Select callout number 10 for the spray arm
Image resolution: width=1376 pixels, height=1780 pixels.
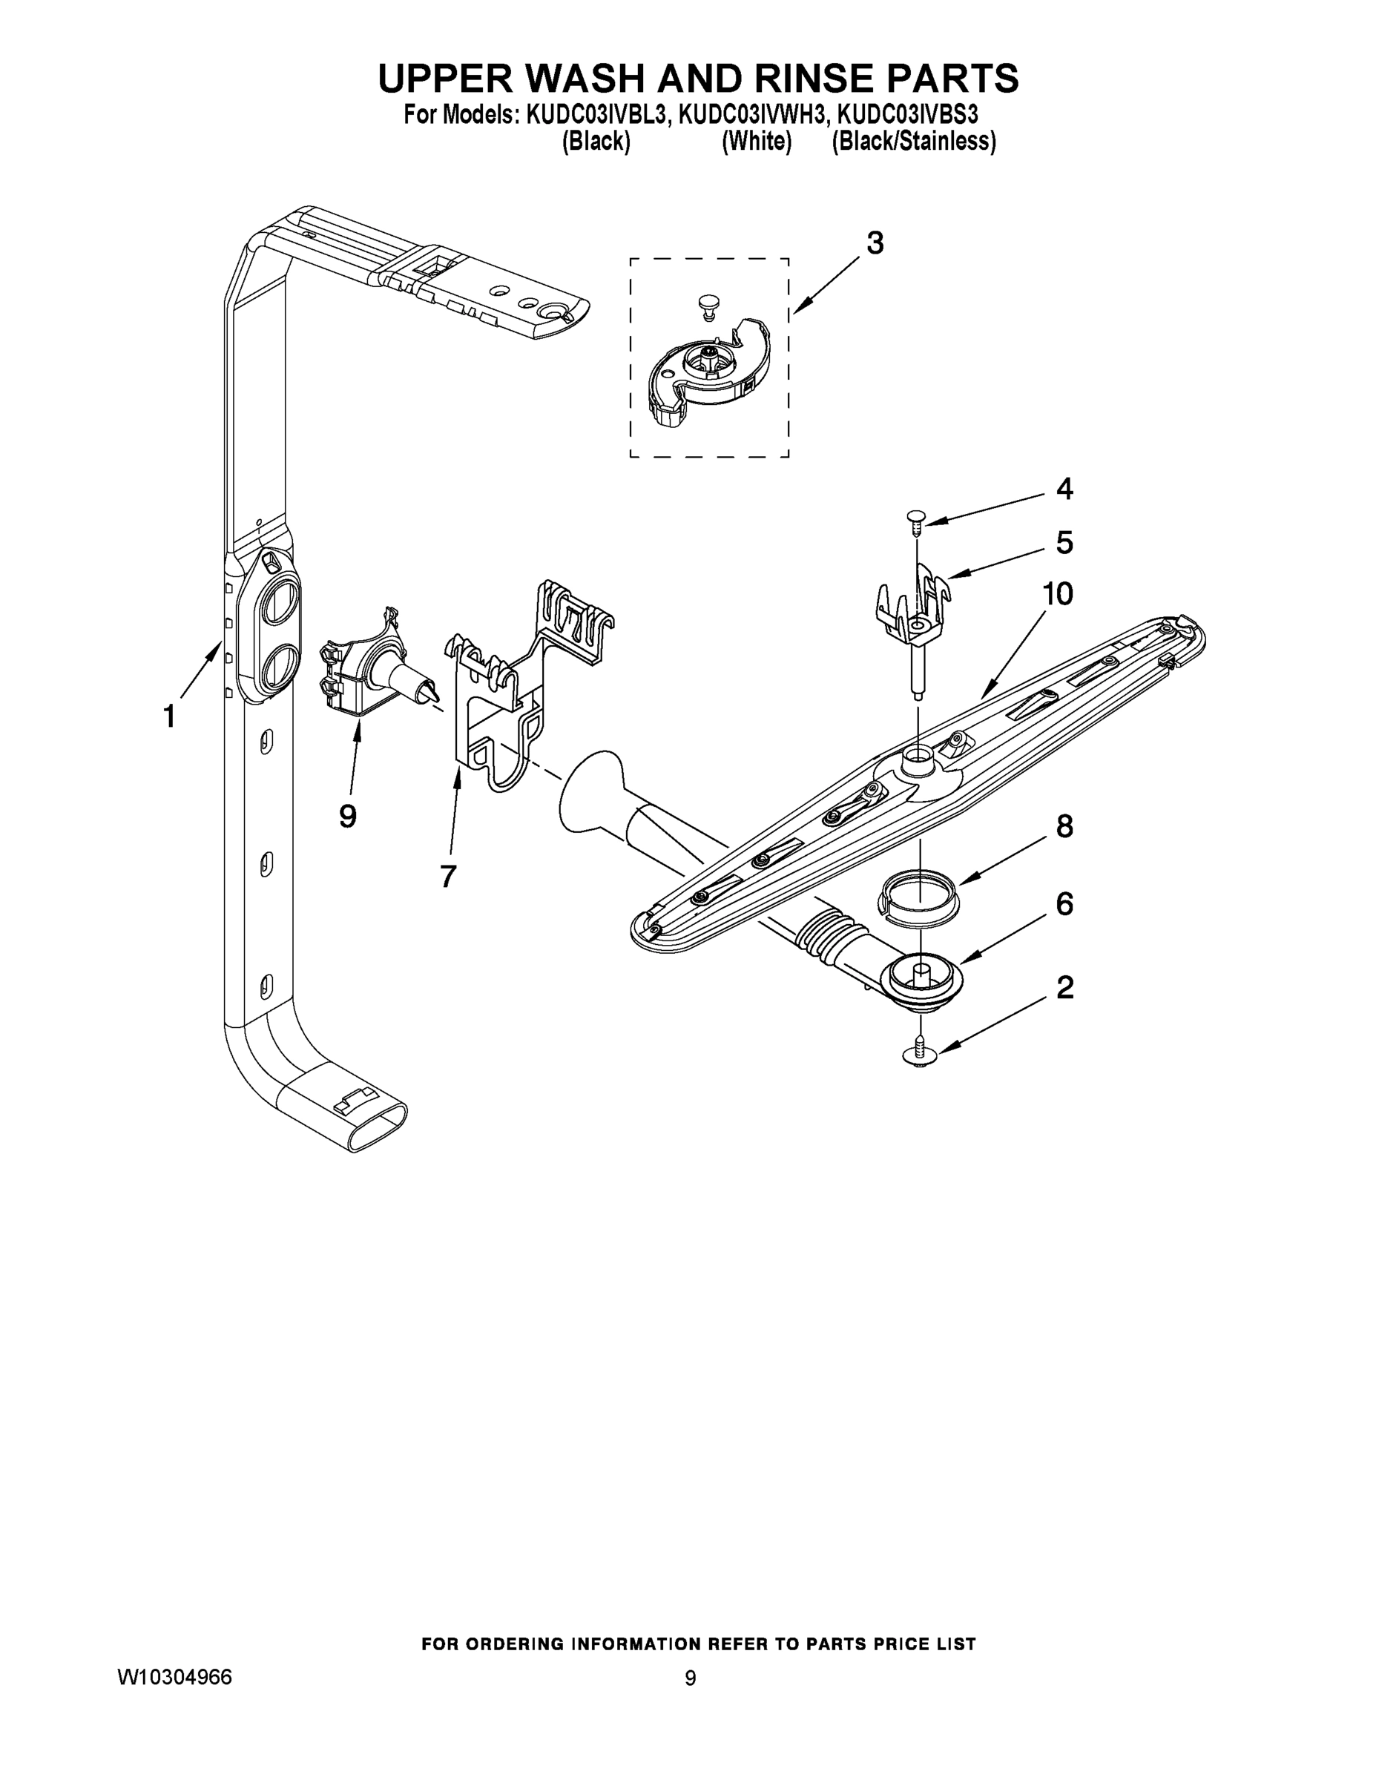(x=1057, y=594)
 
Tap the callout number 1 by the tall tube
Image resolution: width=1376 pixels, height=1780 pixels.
(x=168, y=717)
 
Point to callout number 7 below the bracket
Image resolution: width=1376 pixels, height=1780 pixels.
(x=447, y=876)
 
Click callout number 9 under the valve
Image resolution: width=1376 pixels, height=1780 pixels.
(x=348, y=816)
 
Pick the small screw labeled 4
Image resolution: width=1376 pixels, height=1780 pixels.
(x=915, y=518)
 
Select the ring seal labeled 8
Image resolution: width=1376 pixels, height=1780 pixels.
(x=920, y=897)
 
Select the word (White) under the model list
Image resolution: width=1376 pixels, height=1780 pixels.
(x=757, y=142)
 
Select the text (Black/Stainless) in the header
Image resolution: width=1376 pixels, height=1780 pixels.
(x=913, y=142)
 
